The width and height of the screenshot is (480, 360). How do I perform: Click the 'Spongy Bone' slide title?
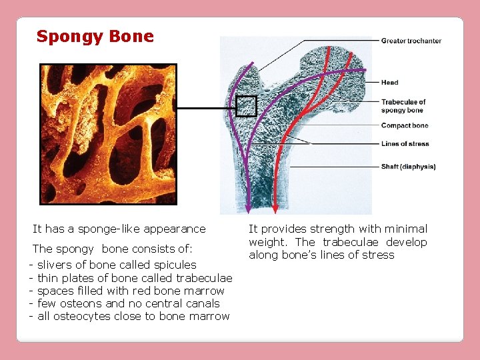pyautogui.click(x=95, y=36)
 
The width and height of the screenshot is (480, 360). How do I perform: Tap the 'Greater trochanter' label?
pyautogui.click(x=411, y=41)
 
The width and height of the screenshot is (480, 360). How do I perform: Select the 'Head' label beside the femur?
pyautogui.click(x=389, y=83)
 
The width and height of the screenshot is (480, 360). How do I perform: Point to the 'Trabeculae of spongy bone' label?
pyautogui.click(x=403, y=106)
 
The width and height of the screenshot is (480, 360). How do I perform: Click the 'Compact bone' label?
pyautogui.click(x=404, y=125)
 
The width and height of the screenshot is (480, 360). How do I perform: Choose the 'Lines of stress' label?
pyautogui.click(x=405, y=143)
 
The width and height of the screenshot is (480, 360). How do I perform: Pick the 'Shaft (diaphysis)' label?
pyautogui.click(x=408, y=167)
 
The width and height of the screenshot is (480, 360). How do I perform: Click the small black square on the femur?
pyautogui.click(x=246, y=106)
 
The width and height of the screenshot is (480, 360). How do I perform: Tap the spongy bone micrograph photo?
pyautogui.click(x=108, y=134)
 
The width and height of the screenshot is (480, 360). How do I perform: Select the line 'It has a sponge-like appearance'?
pyautogui.click(x=119, y=229)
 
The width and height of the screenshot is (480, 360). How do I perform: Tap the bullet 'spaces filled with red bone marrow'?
pyautogui.click(x=131, y=291)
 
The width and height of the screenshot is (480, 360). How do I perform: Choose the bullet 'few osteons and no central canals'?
pyautogui.click(x=128, y=303)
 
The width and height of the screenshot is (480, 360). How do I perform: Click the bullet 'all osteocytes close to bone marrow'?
pyautogui.click(x=133, y=316)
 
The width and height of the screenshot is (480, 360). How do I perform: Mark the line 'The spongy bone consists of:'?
pyautogui.click(x=113, y=249)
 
